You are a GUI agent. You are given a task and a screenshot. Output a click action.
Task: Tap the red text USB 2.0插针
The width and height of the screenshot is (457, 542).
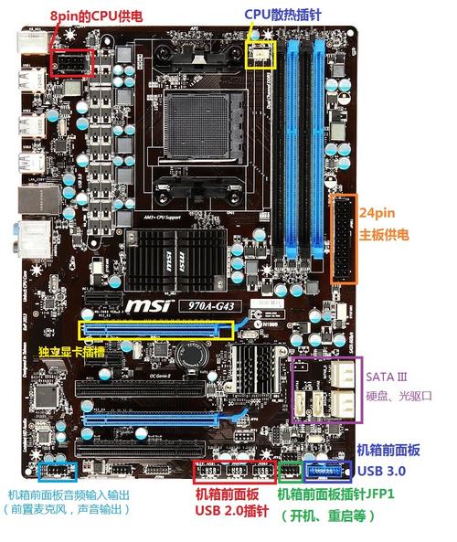[x=228, y=510]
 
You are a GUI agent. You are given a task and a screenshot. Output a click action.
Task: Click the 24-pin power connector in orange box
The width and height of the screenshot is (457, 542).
[x=345, y=237]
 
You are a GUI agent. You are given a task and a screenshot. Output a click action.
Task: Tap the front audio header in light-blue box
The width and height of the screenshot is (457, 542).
[x=58, y=471]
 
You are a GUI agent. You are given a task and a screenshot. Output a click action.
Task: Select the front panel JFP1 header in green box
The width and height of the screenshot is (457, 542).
[x=291, y=472]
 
